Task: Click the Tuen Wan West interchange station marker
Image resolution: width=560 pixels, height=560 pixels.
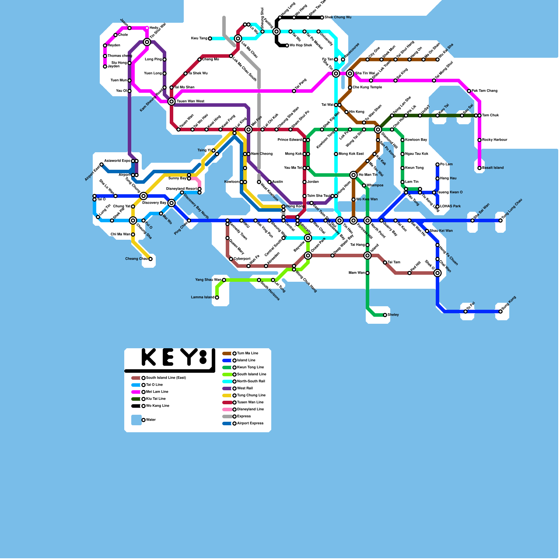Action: [x=171, y=101]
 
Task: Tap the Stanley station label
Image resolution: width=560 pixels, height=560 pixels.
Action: [x=393, y=315]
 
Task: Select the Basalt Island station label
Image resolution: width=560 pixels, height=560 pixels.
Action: [x=493, y=168]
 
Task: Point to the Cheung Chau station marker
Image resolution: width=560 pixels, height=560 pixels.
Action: [x=150, y=259]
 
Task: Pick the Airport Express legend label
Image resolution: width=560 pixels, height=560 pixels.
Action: [x=250, y=423]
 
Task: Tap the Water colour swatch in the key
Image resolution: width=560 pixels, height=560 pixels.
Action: [x=136, y=420]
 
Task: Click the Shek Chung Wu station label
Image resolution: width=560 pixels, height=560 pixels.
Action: [x=338, y=17]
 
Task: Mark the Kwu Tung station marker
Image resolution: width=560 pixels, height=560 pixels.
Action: [x=210, y=38]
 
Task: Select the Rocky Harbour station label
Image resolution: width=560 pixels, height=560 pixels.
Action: [x=495, y=140]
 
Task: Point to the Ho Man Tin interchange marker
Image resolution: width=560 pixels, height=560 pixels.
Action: [x=353, y=175]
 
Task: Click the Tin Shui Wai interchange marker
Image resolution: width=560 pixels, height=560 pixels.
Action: [x=147, y=42]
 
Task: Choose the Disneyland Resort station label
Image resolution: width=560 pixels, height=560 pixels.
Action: [x=181, y=189]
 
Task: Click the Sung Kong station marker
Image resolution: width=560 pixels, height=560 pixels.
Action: [x=500, y=311]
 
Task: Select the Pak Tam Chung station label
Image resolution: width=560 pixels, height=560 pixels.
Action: [x=484, y=91]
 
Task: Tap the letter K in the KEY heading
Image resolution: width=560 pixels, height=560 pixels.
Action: [x=149, y=357]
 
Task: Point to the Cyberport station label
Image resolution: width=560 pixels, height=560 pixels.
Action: [x=242, y=259]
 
